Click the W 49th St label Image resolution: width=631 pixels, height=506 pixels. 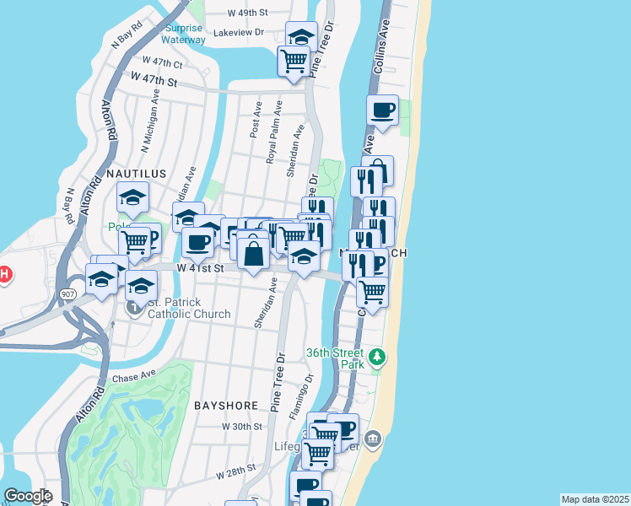[x=248, y=13]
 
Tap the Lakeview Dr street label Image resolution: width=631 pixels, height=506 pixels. [x=240, y=32]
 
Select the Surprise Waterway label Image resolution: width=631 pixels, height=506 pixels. [x=183, y=33]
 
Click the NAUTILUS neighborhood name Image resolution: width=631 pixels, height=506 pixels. [x=136, y=173]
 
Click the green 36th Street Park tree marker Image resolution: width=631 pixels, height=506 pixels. [x=377, y=358]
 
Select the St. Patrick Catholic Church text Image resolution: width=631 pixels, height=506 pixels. [x=189, y=309]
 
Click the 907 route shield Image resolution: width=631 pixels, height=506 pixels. [x=68, y=293]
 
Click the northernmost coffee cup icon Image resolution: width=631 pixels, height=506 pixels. [x=382, y=110]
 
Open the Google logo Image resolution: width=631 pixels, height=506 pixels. [x=28, y=496]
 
